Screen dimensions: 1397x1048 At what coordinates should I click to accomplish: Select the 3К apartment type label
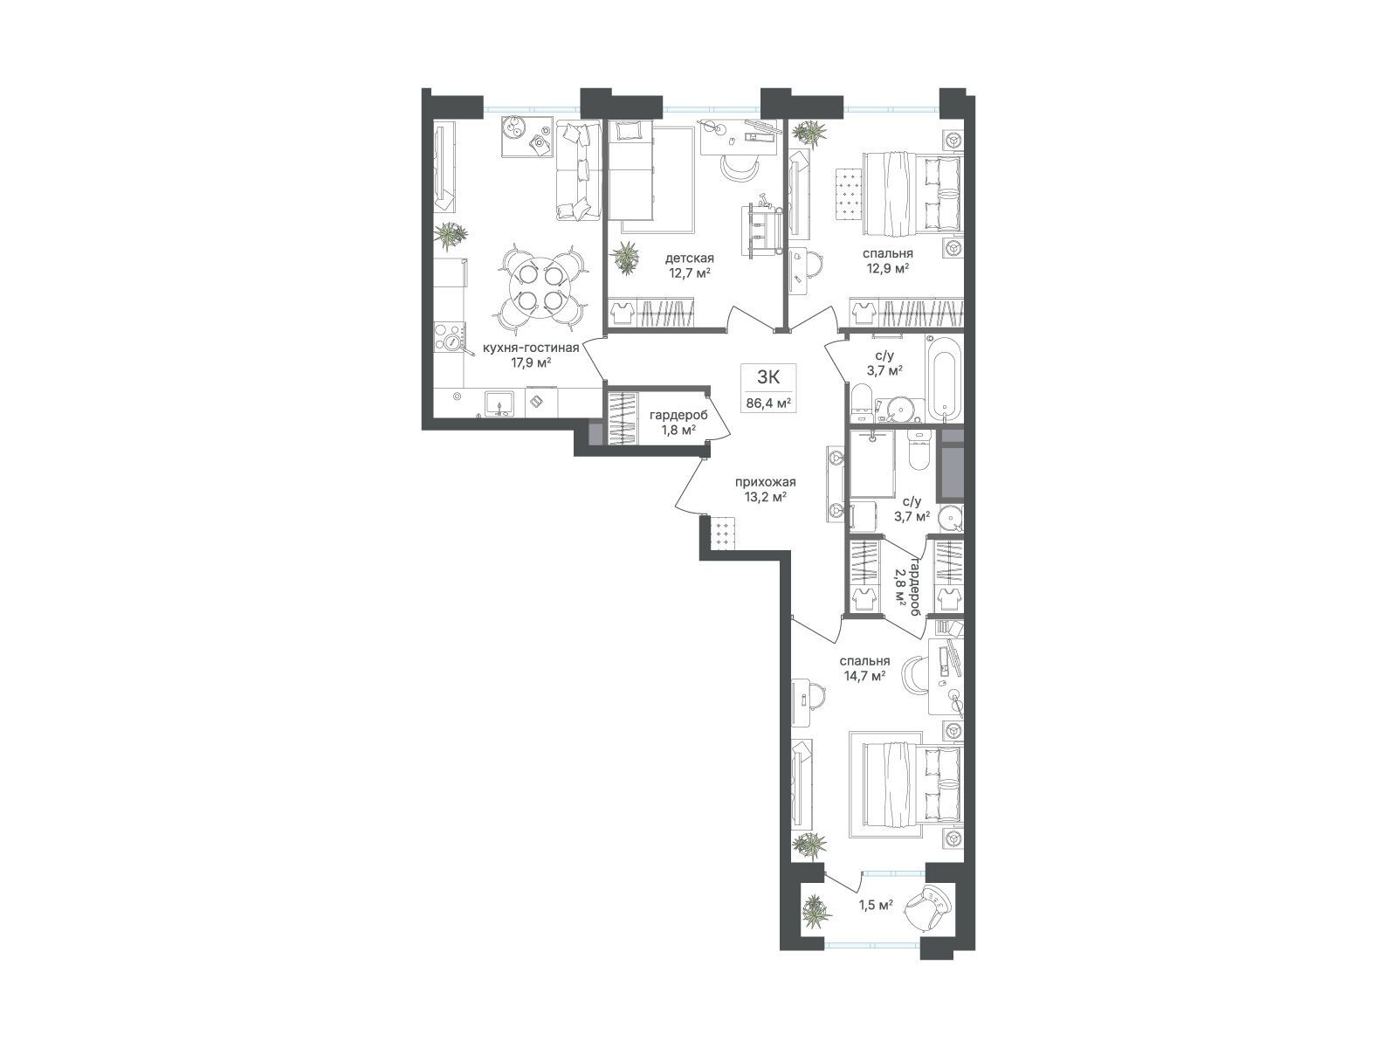(768, 376)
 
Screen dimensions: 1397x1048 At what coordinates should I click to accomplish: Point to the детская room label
(689, 259)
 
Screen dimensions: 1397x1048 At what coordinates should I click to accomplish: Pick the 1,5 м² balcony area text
(876, 922)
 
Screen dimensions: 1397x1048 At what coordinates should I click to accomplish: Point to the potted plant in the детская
(626, 258)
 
